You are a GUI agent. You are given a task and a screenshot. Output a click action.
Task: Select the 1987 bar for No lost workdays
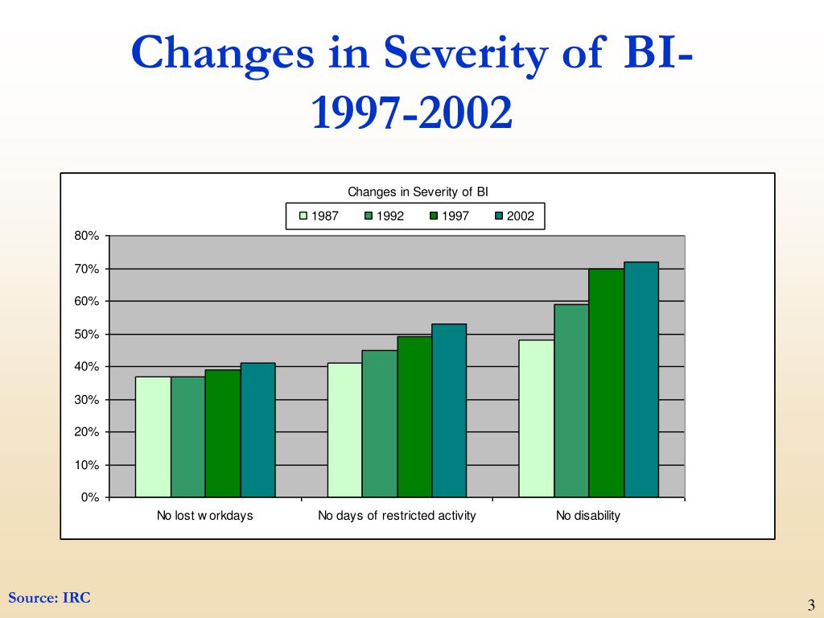[x=153, y=437]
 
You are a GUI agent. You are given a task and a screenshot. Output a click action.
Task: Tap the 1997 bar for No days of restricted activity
[x=414, y=417]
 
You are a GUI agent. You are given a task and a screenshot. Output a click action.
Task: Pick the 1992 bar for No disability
[x=571, y=401]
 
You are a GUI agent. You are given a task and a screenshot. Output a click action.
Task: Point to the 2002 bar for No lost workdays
[x=257, y=430]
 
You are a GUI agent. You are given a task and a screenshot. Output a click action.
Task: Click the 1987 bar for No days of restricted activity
[x=344, y=430]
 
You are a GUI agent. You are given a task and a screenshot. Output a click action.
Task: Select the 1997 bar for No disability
[x=607, y=383]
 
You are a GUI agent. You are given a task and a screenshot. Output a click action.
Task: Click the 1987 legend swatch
[x=303, y=216]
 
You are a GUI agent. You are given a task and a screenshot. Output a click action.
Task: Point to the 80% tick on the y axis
[x=88, y=236]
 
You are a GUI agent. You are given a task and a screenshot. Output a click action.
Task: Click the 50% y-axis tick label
[x=88, y=334]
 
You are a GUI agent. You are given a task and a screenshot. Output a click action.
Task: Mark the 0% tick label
[x=90, y=497]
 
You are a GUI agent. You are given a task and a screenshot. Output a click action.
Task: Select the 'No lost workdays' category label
[x=204, y=516]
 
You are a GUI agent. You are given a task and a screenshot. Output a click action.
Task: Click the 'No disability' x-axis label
[x=588, y=516]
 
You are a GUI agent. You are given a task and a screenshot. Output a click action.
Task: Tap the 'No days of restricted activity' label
[x=397, y=516]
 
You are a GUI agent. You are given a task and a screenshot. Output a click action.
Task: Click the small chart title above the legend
[x=418, y=192]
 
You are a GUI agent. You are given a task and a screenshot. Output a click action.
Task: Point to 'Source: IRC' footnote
[x=49, y=598]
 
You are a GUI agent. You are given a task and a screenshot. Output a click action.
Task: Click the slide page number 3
[x=811, y=605]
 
